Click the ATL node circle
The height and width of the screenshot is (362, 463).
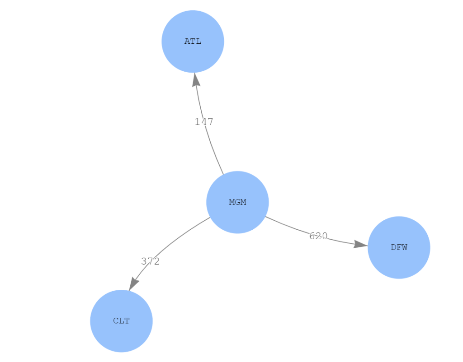193,27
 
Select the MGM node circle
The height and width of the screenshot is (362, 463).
237,217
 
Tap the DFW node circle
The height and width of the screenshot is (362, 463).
399,262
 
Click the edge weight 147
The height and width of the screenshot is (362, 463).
204,121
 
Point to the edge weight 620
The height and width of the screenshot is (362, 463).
318,236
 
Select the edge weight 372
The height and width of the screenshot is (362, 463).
150,261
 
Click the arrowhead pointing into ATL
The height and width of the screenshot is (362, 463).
196,79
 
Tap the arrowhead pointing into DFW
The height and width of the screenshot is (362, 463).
360,244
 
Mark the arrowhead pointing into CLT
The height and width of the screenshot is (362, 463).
133,284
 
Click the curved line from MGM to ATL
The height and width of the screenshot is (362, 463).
213,149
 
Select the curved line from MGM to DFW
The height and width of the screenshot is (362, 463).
289,227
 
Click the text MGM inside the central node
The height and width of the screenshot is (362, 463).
237,202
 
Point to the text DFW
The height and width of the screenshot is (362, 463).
399,247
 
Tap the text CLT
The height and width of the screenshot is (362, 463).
121,321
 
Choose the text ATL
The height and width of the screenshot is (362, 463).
193,41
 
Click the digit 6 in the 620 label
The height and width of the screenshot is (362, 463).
312,236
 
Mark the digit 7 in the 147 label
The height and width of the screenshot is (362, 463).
210,121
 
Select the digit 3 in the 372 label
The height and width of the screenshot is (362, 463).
144,261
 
